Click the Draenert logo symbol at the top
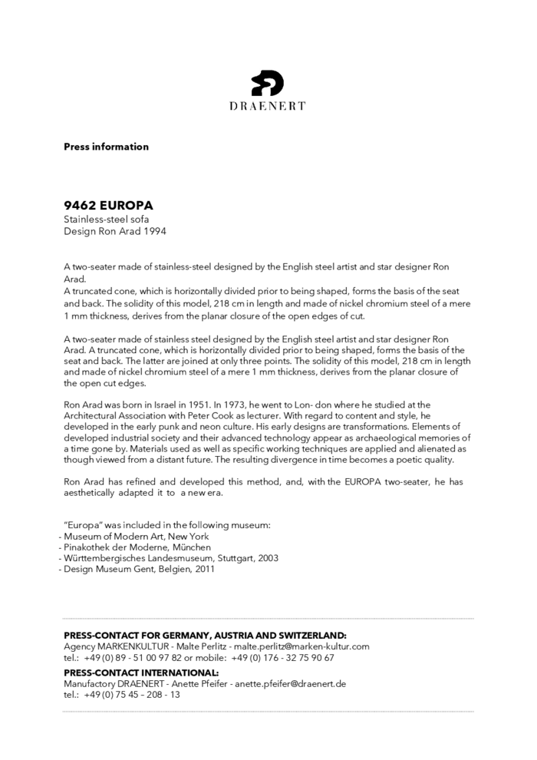tap(268, 82)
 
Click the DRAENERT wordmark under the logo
tap(268, 106)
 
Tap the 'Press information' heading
tap(106, 147)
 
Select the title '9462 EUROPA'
tap(108, 206)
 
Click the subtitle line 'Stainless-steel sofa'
tap(106, 219)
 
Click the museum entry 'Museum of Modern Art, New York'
tap(136, 536)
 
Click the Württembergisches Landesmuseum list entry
tap(170, 558)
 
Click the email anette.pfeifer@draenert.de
tap(290, 683)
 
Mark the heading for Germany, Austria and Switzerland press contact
tap(205, 636)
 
